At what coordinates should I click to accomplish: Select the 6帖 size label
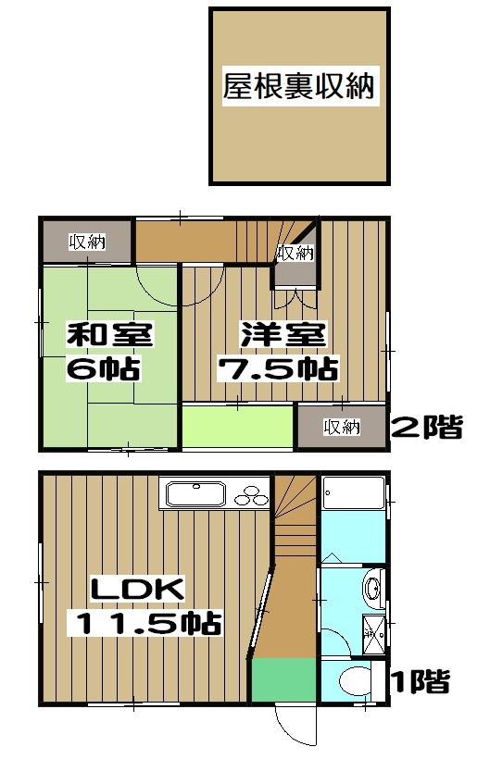tap(103, 369)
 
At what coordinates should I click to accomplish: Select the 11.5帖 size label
tap(146, 622)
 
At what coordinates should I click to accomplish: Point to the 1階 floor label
tap(420, 683)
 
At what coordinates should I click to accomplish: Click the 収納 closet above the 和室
tap(87, 243)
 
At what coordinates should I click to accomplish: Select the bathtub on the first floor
tap(353, 503)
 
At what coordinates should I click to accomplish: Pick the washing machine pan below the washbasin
tap(375, 635)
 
